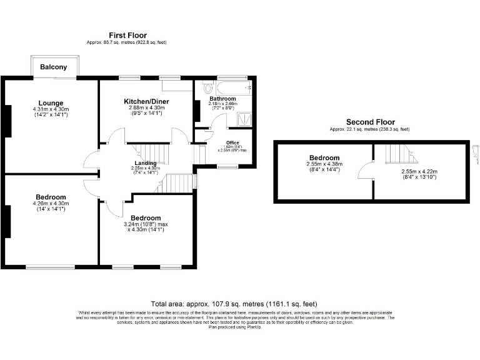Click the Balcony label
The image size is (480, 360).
[x=54, y=66]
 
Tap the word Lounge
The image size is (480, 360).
[x=51, y=103]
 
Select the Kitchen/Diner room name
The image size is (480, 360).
[x=146, y=101]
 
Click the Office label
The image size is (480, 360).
[x=233, y=143]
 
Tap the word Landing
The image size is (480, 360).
[x=146, y=163]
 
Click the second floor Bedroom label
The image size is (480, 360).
[x=324, y=158]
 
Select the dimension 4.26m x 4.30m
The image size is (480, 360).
[x=51, y=203]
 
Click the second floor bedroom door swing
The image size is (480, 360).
[x=366, y=171]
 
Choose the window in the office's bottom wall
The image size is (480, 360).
[x=227, y=166]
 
